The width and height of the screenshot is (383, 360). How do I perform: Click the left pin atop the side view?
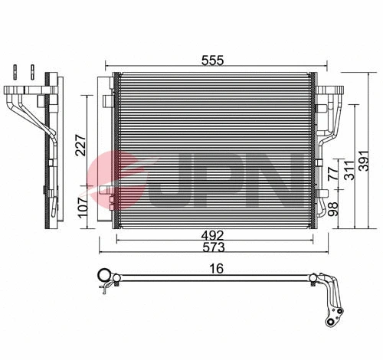point(15,73)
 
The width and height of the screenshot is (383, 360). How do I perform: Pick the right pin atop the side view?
point(34,73)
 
